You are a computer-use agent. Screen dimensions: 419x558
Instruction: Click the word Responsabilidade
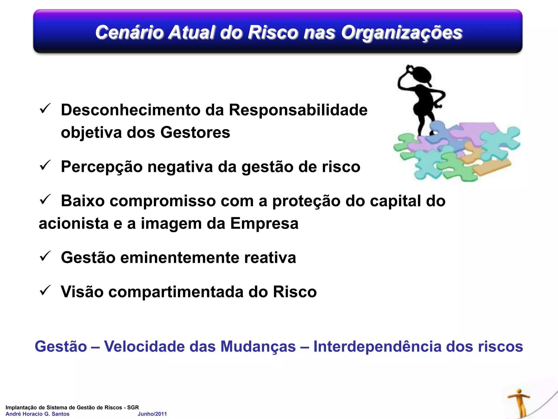click(x=298, y=110)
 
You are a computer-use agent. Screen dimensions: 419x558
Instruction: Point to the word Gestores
click(x=195, y=133)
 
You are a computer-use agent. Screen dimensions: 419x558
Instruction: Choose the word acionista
click(x=74, y=223)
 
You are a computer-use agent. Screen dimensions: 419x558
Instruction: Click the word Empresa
click(x=264, y=223)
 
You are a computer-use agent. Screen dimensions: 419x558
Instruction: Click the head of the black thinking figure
click(x=421, y=75)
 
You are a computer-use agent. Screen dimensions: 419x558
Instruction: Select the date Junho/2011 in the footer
click(x=152, y=414)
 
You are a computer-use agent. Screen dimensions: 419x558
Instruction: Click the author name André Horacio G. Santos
click(x=38, y=414)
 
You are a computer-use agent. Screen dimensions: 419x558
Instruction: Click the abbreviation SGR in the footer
click(x=133, y=407)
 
